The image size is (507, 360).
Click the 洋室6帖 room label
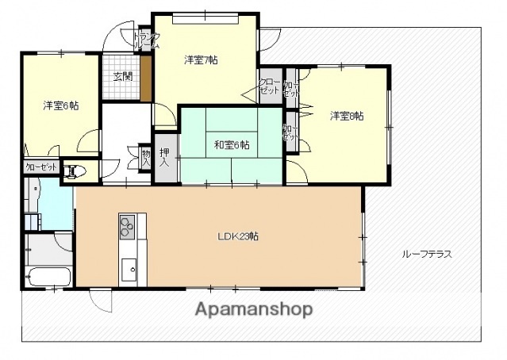point(60,105)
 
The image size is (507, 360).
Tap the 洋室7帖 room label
point(202,59)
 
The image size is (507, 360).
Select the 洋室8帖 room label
point(347,116)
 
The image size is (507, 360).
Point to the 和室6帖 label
point(232,144)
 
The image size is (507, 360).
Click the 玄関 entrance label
point(122,77)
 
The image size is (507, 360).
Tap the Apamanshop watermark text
point(253,308)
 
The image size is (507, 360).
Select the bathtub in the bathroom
point(48,278)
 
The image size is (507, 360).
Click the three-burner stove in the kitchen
point(129,226)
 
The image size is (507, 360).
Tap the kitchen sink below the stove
point(129,266)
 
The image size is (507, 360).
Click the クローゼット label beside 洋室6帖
point(40,168)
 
